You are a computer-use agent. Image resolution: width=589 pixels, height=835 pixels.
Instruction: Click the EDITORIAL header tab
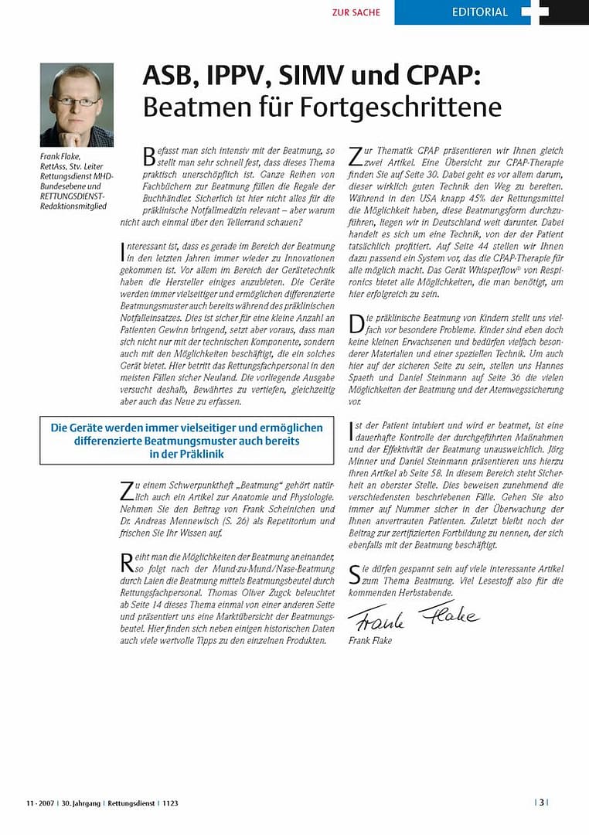(480, 12)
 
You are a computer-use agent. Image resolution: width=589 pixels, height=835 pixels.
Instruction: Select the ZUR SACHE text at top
(356, 12)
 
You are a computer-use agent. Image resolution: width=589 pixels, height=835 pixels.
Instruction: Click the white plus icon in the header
(535, 11)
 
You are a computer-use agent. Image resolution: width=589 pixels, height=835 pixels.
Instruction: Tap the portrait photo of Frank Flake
(77, 105)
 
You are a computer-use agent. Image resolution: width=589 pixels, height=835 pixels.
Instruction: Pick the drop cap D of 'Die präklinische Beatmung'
(356, 325)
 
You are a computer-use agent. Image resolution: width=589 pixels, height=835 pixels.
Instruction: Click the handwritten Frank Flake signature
(413, 615)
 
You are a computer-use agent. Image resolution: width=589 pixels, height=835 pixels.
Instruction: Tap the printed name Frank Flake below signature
(370, 641)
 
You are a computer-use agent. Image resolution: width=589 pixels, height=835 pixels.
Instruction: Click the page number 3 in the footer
(542, 803)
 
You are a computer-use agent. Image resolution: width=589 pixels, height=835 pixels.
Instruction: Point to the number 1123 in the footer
(170, 803)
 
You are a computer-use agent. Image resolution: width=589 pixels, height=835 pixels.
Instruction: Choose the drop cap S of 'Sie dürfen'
(356, 574)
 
